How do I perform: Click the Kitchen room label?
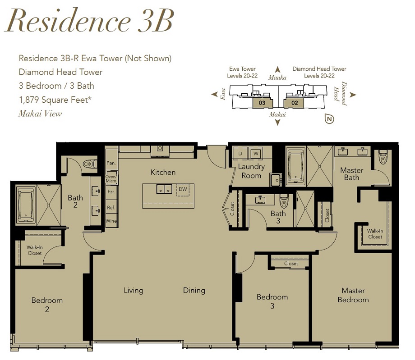[x=163, y=172]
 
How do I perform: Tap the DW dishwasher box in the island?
[x=183, y=190]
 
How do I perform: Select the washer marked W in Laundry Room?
[x=256, y=153]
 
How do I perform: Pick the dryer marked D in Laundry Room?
[x=240, y=153]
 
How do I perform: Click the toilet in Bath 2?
[x=90, y=164]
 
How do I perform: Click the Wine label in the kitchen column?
[x=111, y=221]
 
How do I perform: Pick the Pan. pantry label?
[x=111, y=163]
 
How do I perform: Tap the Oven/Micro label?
[x=111, y=179]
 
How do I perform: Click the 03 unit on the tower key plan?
[x=262, y=103]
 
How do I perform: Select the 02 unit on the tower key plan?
[x=294, y=103]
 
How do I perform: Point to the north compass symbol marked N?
[x=329, y=119]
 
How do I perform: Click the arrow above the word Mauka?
[x=277, y=69]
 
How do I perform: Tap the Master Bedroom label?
[x=353, y=295]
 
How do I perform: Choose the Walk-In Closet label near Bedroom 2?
[x=34, y=251]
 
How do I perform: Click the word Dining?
[x=194, y=291]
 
